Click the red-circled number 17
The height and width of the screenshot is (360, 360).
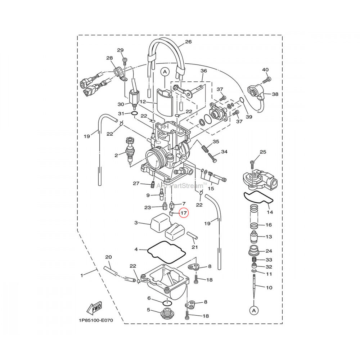click(x=184, y=213)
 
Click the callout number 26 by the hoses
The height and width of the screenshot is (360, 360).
click(x=188, y=42)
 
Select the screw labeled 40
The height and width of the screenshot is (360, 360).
click(x=268, y=78)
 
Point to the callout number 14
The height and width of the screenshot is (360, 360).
click(x=270, y=212)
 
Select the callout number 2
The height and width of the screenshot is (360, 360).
click(x=116, y=156)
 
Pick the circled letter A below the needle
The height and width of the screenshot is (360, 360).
click(x=254, y=310)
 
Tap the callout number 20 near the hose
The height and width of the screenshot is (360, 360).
click(x=108, y=257)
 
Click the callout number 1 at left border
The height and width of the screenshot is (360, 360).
click(x=82, y=275)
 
